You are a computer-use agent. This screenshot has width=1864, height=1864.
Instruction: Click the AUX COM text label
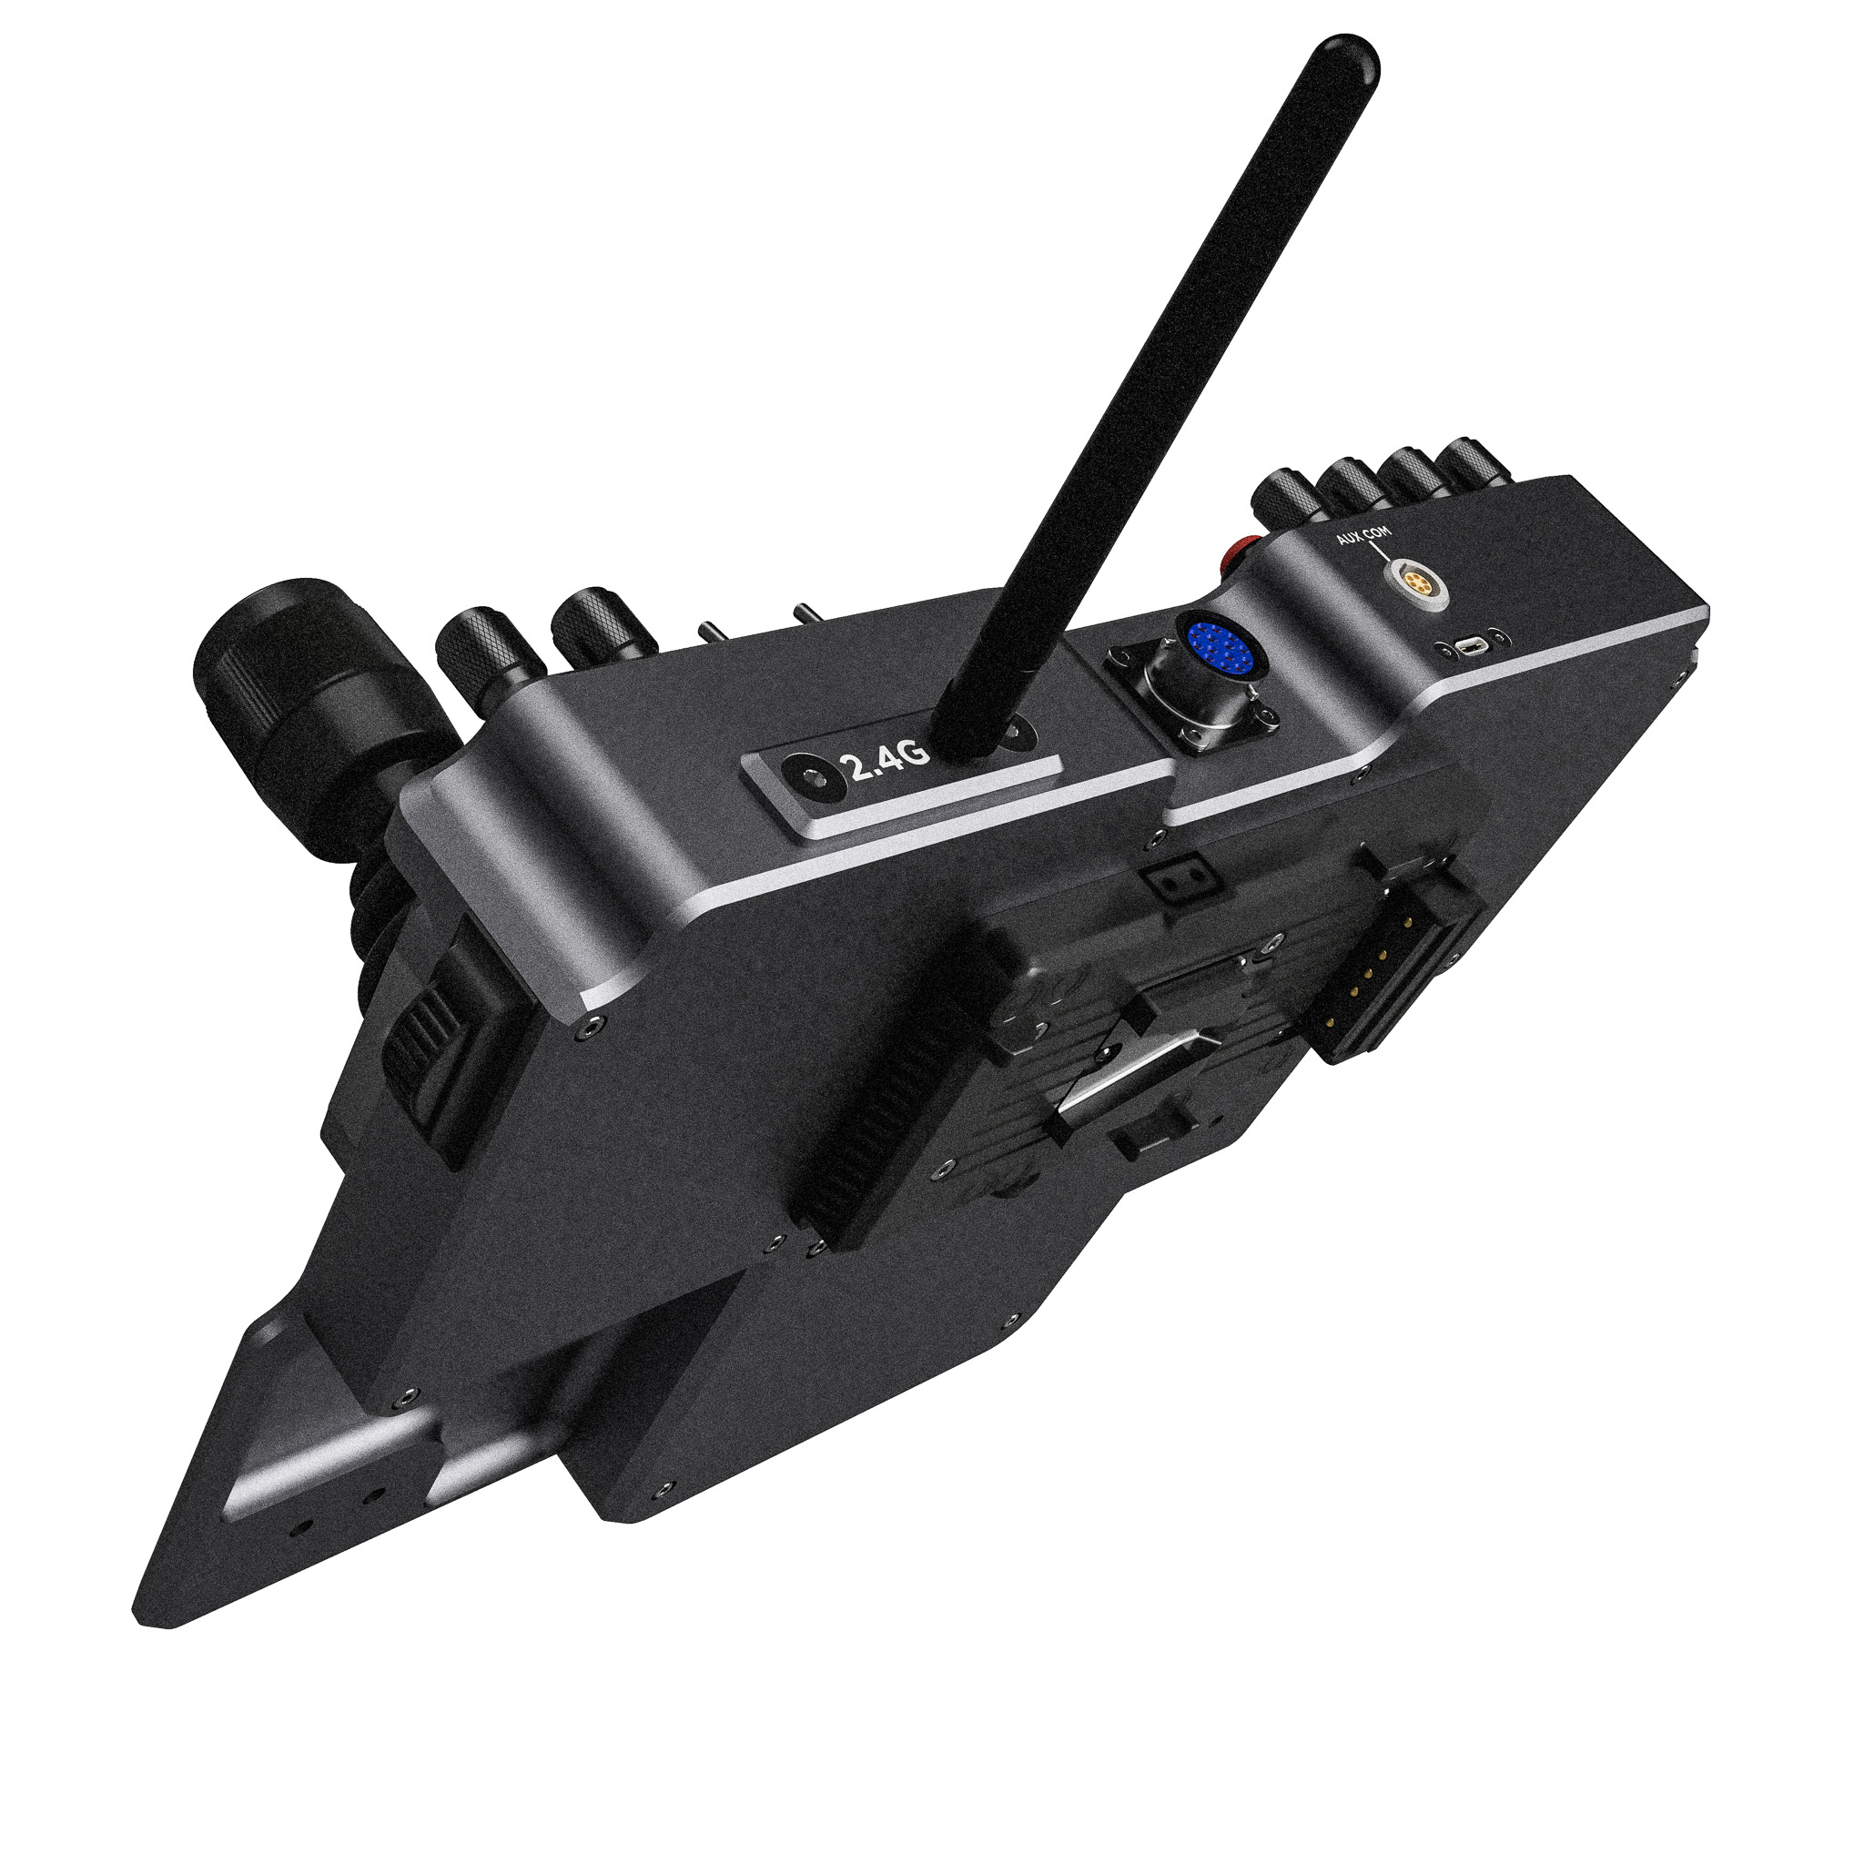point(1363,534)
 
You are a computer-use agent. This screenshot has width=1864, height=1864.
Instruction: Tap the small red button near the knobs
point(1236,558)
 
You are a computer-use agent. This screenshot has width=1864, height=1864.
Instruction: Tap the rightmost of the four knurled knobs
point(1473,464)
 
